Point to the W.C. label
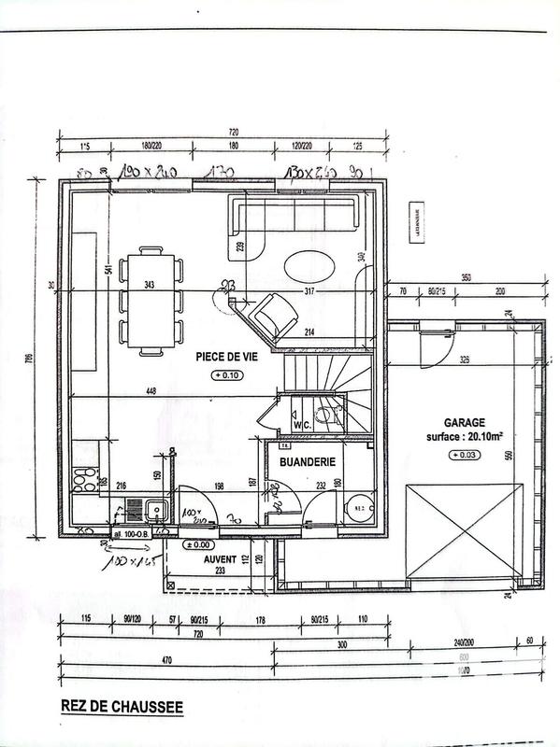coord(301,424)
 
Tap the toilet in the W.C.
coord(324,416)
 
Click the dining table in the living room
coord(149,299)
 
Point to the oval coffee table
coord(309,267)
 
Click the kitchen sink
coord(157,510)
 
